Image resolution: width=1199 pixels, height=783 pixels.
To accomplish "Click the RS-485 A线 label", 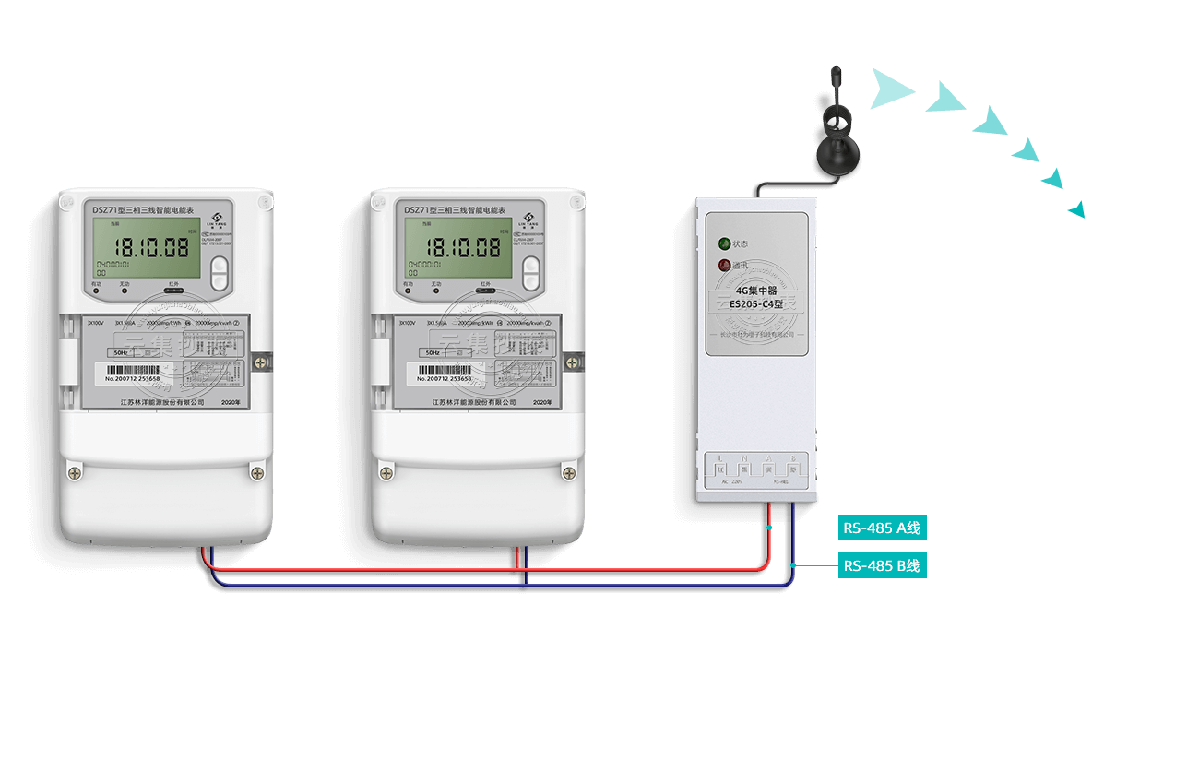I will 882,528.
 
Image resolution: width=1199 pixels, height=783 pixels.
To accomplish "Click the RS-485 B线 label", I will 882,566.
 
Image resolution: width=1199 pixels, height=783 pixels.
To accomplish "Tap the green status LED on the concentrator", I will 725,244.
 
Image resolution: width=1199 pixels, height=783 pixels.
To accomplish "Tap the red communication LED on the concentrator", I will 725,266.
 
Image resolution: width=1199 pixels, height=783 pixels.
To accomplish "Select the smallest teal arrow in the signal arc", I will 1076,209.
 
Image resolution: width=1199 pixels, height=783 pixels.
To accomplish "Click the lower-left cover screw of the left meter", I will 75,473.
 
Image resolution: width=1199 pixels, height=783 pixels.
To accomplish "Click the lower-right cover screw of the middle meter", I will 568,473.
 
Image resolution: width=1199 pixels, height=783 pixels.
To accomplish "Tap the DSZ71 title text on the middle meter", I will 455,210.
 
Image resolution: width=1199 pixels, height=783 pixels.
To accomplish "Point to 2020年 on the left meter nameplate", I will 231,403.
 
